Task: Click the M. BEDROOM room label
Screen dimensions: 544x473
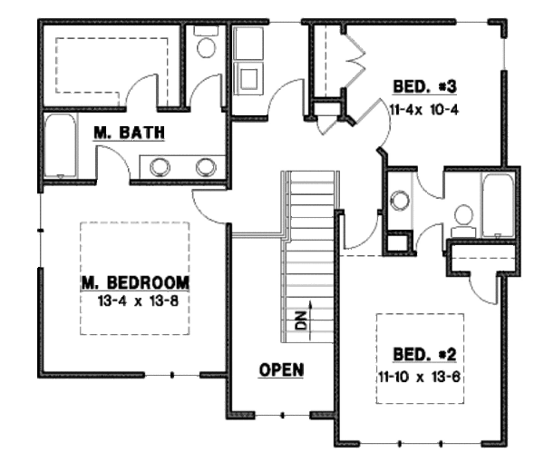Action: [x=135, y=282]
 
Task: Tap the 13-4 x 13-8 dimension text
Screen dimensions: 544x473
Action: [x=138, y=301]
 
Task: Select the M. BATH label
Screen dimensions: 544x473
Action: [x=129, y=133]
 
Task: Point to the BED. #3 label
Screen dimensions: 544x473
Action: [x=424, y=86]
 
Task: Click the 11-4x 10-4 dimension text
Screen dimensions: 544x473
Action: [x=424, y=110]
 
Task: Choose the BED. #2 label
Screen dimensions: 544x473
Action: [x=424, y=355]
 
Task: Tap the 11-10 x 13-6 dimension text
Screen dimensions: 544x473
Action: [x=420, y=377]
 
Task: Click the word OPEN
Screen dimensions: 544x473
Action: [x=281, y=370]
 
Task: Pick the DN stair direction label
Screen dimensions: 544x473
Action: [x=302, y=320]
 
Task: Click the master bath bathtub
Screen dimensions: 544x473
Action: [x=61, y=146]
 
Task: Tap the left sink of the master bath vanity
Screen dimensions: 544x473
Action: [x=160, y=167]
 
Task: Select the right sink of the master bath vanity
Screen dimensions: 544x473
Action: [x=206, y=167]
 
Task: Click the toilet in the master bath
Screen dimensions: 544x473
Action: [x=206, y=42]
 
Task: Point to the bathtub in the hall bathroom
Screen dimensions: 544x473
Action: [x=498, y=206]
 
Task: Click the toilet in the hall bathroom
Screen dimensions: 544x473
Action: [x=463, y=221]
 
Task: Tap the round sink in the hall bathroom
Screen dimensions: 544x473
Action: [x=400, y=201]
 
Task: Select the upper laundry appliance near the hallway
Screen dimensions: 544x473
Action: [x=248, y=43]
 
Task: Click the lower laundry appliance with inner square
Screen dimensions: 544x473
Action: [x=248, y=78]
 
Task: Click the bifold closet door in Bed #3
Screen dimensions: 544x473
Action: [x=354, y=59]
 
